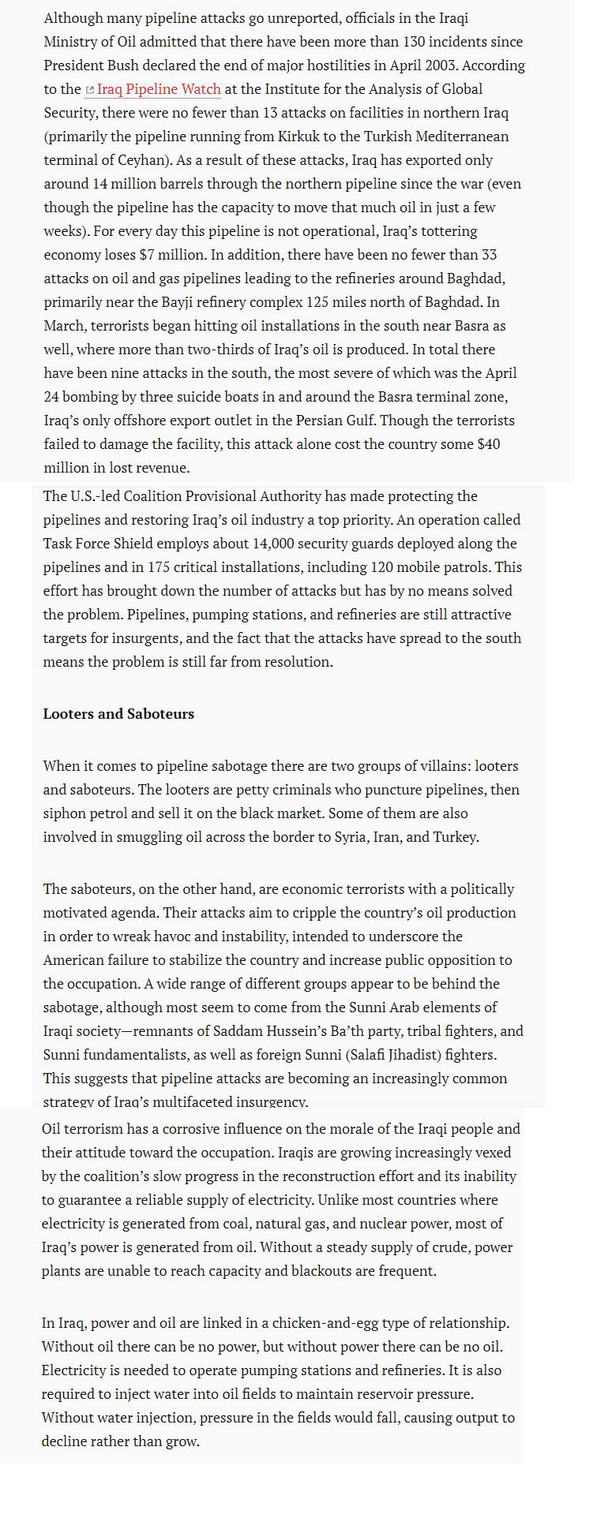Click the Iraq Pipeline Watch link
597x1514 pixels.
click(x=159, y=89)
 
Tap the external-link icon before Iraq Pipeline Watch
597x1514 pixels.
click(x=90, y=90)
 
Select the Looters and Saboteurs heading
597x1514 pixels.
click(x=118, y=714)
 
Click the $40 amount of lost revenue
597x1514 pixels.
click(x=489, y=444)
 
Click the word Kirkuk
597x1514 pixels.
click(x=273, y=136)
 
